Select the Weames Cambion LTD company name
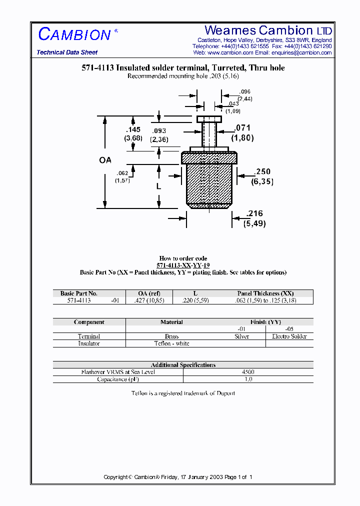pos(268,30)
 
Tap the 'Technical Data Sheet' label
pos(67,52)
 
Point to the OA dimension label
pos(105,160)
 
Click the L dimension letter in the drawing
pos(158,186)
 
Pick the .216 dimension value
pos(254,214)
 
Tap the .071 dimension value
pos(242,128)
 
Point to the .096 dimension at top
pos(244,92)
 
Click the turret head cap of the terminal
pos(209,119)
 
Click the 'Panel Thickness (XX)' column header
pos(265,293)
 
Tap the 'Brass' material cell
pos(171,336)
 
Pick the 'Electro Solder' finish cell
pos(289,336)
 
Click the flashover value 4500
pos(248,372)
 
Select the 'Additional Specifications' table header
pos(183,365)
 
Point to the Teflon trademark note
pos(183,393)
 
